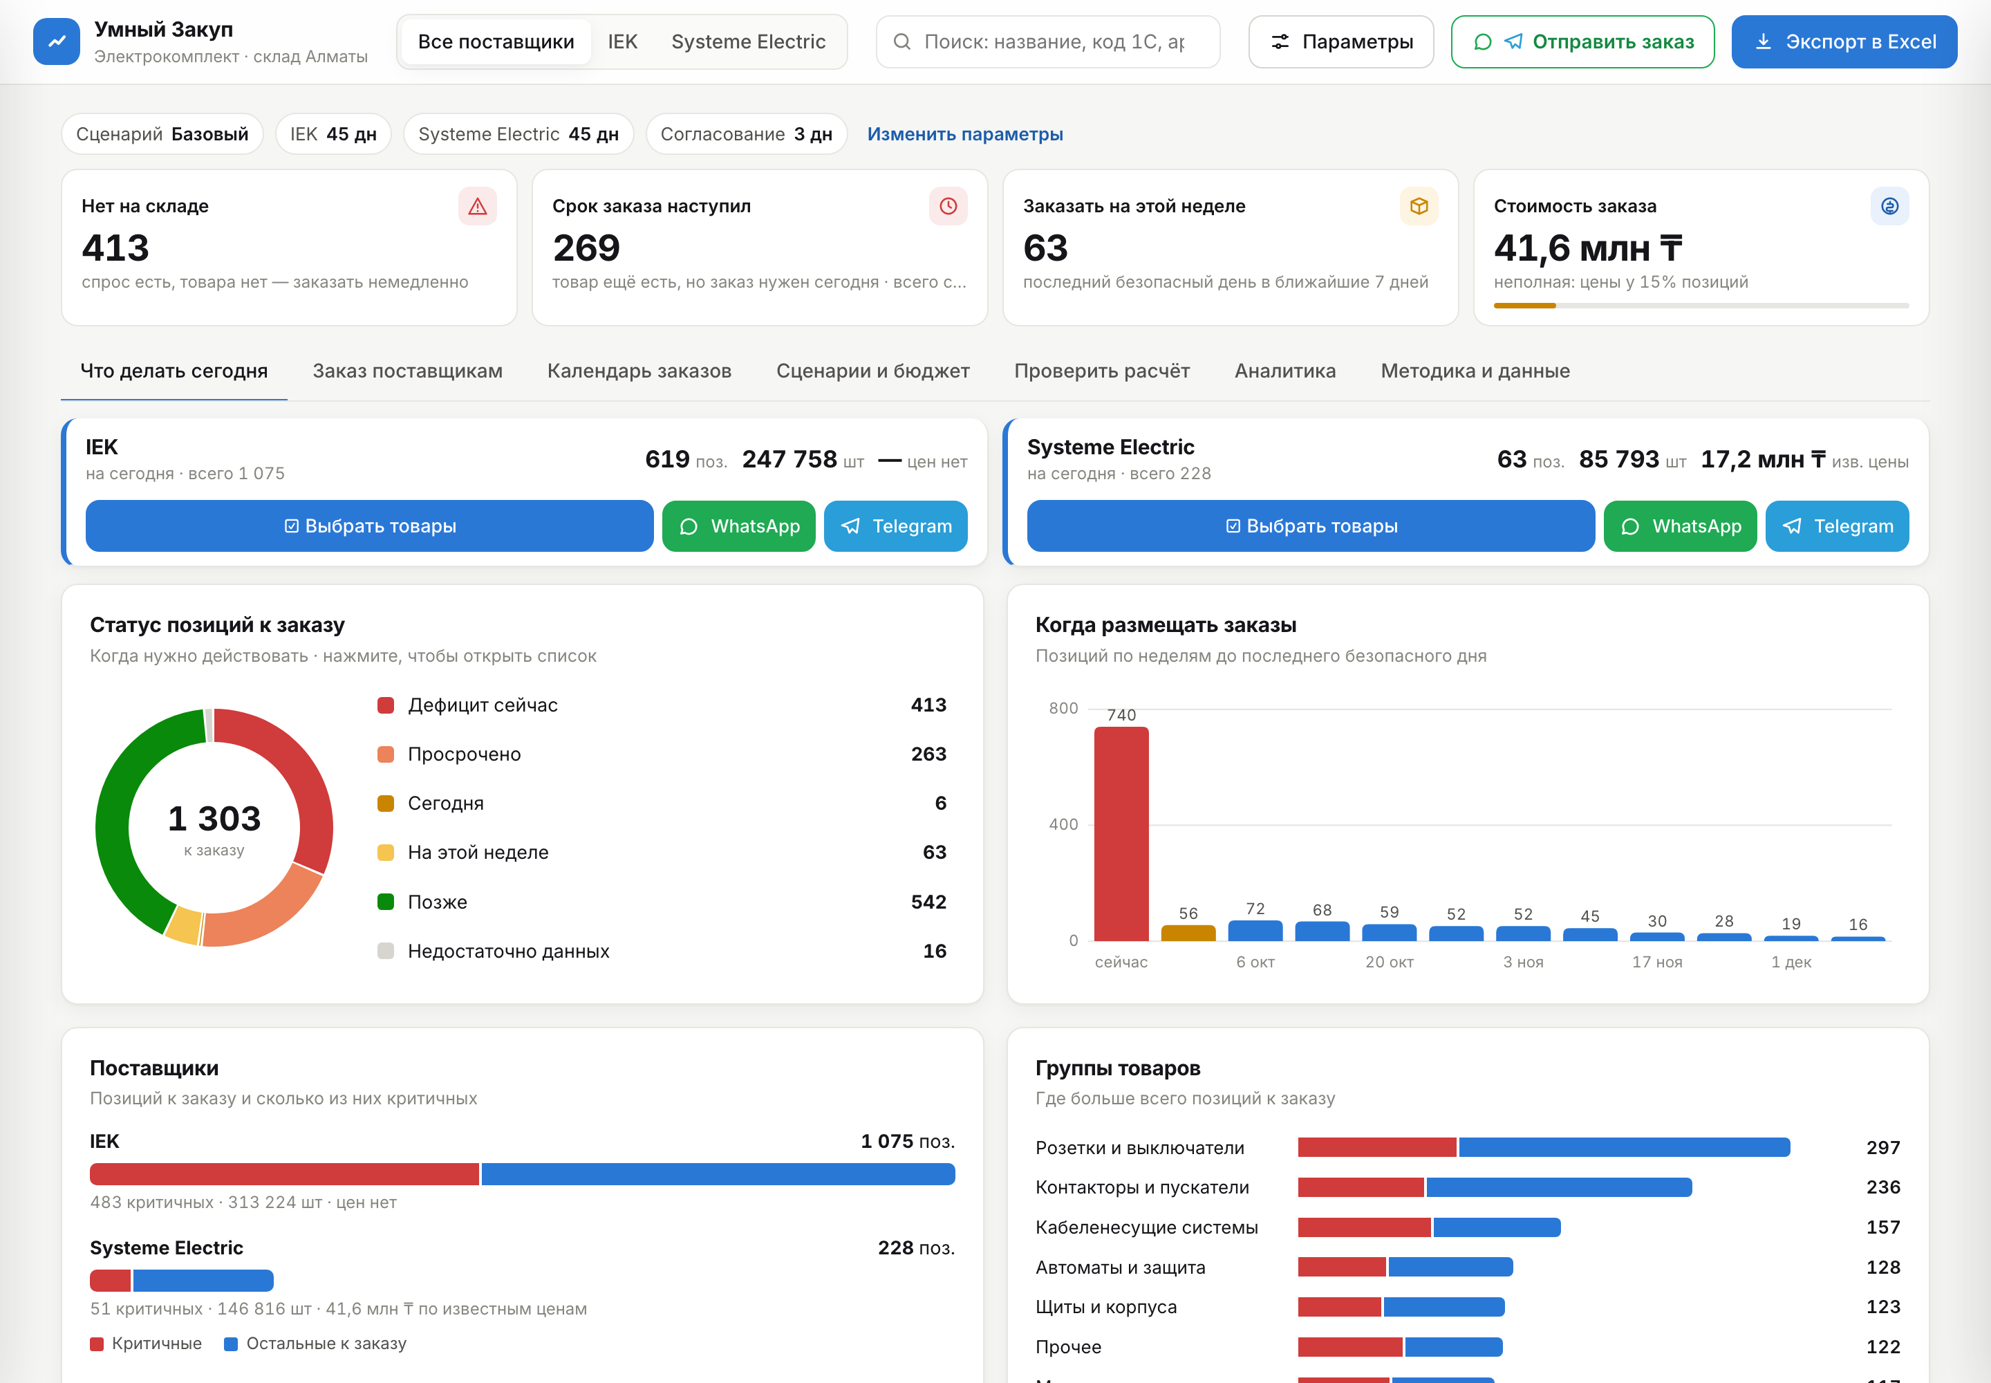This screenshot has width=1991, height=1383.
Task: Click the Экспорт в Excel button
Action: (1844, 41)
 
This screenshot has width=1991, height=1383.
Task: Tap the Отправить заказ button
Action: (1582, 41)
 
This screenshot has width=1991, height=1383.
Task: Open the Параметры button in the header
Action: (1340, 41)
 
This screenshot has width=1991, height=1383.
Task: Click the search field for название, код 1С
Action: (1047, 41)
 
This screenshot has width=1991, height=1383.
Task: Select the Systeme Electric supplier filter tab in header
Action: (748, 41)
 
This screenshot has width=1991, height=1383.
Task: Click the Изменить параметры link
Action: (965, 134)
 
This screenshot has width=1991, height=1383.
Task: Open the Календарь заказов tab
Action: (639, 371)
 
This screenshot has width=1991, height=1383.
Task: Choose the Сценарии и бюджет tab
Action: (872, 371)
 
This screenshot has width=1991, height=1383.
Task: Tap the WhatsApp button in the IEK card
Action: (738, 526)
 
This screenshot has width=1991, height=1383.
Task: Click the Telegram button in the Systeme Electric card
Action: (1837, 526)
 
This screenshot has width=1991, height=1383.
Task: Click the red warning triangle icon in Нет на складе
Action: (478, 206)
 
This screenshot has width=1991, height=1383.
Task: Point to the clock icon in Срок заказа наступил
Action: (948, 206)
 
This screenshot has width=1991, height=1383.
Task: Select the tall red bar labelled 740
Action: (1121, 834)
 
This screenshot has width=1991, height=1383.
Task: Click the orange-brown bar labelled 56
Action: (1188, 932)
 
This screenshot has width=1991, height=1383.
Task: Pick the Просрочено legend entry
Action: (465, 754)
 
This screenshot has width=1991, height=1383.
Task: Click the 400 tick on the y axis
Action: (1063, 824)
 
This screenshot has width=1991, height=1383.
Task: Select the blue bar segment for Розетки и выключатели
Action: (1625, 1147)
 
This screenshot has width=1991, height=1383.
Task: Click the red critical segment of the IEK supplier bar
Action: (284, 1174)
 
